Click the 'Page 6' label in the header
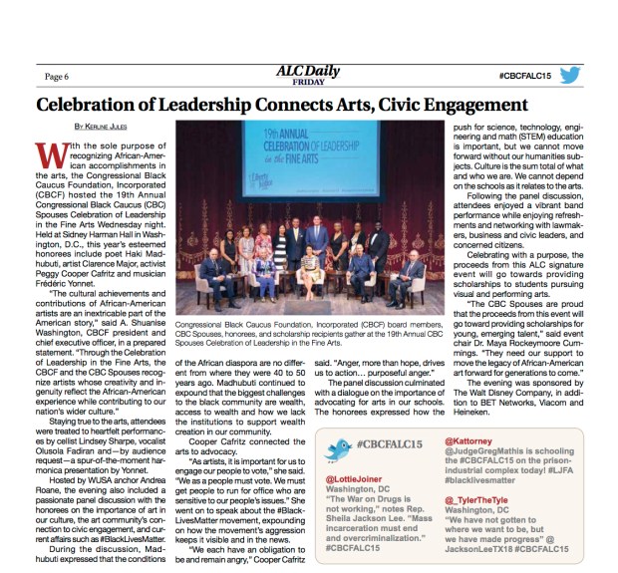57,75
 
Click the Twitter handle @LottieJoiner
356,480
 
